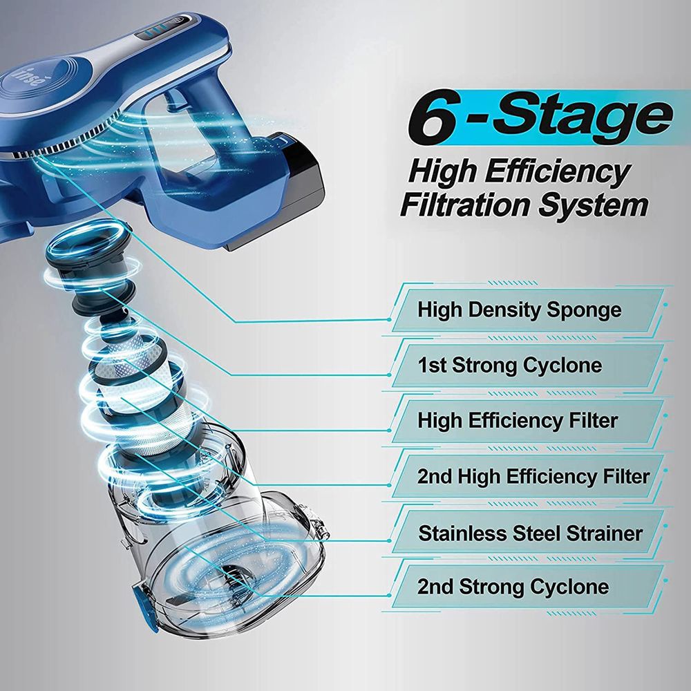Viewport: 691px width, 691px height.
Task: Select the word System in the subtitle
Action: (x=594, y=206)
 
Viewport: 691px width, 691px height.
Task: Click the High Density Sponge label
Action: (x=519, y=310)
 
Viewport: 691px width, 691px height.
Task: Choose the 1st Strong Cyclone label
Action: (x=510, y=366)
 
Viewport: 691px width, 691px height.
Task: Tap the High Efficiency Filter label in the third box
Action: (x=518, y=420)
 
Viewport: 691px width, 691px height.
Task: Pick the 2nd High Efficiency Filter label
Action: (x=533, y=476)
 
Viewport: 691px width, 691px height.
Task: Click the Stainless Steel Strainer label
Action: (x=530, y=533)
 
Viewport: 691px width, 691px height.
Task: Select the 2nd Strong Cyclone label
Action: (x=513, y=587)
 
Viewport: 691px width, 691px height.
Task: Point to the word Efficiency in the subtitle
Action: (x=559, y=172)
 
